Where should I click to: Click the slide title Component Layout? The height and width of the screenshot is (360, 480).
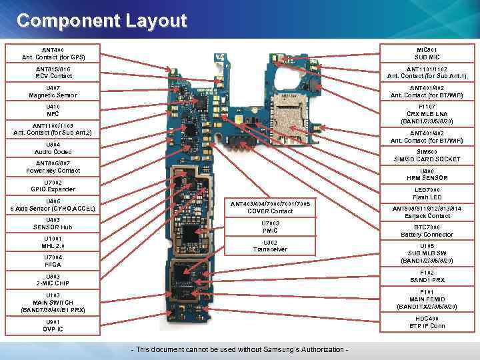(x=102, y=21)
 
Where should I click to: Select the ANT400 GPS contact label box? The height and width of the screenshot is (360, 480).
(x=53, y=54)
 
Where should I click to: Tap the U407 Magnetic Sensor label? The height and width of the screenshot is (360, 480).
(x=53, y=91)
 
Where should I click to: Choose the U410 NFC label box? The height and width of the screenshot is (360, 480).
(x=53, y=110)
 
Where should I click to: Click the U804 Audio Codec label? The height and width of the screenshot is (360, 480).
(x=53, y=148)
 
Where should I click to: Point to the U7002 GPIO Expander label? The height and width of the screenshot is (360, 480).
(x=53, y=185)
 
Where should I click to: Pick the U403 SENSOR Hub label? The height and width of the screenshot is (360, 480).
(x=53, y=223)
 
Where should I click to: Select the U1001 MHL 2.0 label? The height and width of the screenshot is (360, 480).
(x=53, y=242)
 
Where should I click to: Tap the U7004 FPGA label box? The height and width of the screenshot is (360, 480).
(x=53, y=261)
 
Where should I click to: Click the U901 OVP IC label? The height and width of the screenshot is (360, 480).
(x=53, y=325)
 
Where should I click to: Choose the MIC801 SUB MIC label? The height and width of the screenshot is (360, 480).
(x=427, y=54)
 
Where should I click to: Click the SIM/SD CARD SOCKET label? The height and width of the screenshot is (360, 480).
(x=427, y=155)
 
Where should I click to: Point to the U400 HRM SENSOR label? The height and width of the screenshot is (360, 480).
(x=427, y=174)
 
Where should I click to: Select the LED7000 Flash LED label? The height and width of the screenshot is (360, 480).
(x=427, y=193)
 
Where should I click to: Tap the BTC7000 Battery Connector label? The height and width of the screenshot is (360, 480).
(x=427, y=231)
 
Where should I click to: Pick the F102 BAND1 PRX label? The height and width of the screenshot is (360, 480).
(x=427, y=276)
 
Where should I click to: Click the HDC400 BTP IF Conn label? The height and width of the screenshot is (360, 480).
(x=427, y=322)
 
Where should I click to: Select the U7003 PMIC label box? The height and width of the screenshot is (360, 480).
(x=271, y=227)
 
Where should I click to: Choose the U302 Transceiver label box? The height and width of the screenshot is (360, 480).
(x=271, y=245)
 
